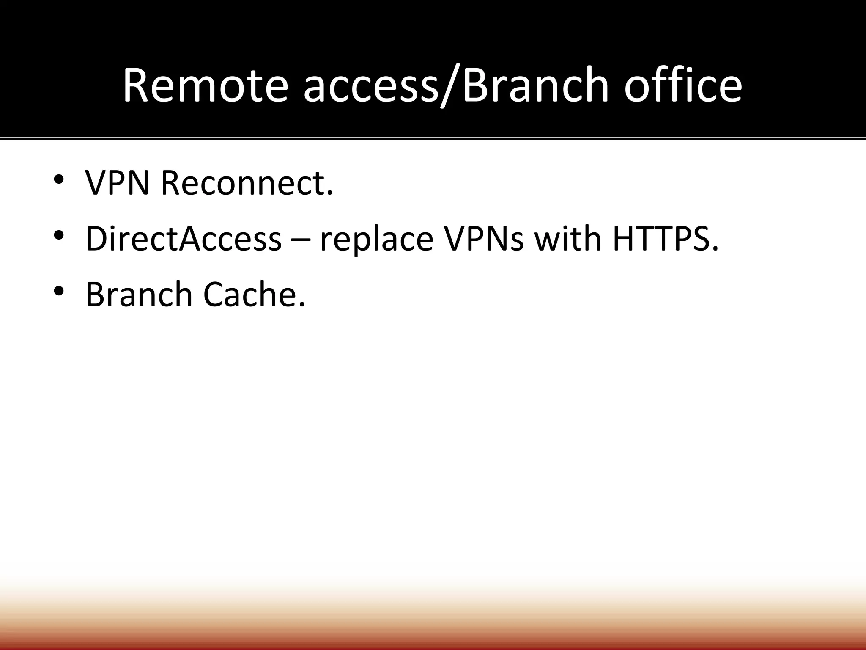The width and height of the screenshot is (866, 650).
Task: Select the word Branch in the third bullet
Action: click(139, 294)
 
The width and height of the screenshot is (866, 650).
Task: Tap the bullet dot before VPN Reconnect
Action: click(59, 179)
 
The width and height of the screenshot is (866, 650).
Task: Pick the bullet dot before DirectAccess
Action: click(59, 234)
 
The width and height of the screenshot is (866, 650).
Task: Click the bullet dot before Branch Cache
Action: click(59, 290)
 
